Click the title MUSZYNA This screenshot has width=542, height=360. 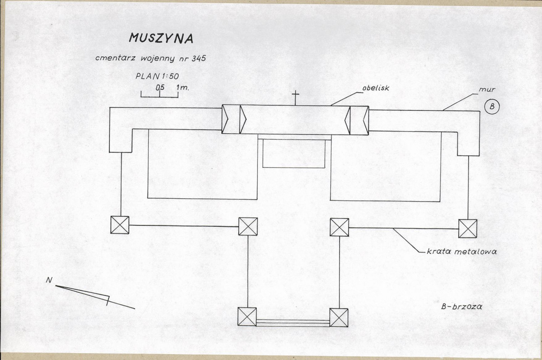point(161,38)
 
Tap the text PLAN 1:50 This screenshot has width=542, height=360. point(157,76)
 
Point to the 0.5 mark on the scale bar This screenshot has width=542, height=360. point(160,88)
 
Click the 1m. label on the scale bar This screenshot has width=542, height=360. point(183,88)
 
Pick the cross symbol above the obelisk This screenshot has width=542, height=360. point(295,98)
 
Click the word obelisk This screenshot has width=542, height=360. point(376,88)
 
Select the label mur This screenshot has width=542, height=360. point(487,90)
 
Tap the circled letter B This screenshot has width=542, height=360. point(492,107)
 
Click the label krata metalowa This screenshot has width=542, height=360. point(462,251)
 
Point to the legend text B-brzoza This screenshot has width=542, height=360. point(462,306)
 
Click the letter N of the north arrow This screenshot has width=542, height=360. point(49,280)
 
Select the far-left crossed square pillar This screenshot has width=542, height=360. point(120,225)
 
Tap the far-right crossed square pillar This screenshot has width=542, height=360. point(468,229)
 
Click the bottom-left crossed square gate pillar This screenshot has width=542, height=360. point(247,317)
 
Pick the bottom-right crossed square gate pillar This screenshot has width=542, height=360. point(339,318)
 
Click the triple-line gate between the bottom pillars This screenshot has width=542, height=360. point(293,323)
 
